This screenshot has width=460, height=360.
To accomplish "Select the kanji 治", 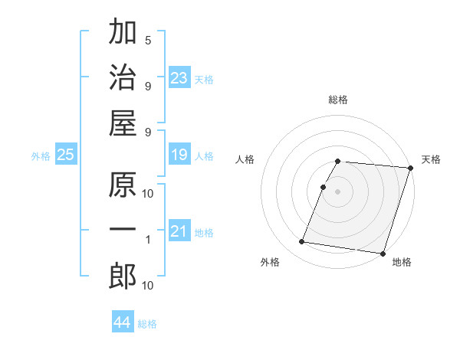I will (123, 78).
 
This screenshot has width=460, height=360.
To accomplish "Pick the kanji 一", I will (123, 230).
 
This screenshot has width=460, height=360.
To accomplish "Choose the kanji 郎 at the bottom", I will (123, 277).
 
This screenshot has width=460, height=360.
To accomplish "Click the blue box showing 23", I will (179, 78).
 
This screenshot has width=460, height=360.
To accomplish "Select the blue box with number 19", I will (179, 155).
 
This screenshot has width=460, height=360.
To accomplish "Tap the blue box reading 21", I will (179, 232).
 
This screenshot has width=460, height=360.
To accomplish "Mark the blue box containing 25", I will (66, 155).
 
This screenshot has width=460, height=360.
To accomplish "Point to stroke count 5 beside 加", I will (148, 40).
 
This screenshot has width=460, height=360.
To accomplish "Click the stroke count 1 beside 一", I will (148, 240).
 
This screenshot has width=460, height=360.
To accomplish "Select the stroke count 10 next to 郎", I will (148, 286).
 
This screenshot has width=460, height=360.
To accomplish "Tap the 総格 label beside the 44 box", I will (147, 324).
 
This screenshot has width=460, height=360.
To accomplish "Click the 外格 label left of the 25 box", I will (41, 156).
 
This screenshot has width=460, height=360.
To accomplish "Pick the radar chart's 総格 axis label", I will (338, 100).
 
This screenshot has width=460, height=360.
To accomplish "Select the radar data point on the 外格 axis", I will (302, 242).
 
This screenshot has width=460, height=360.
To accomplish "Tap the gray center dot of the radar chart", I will (338, 191).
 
